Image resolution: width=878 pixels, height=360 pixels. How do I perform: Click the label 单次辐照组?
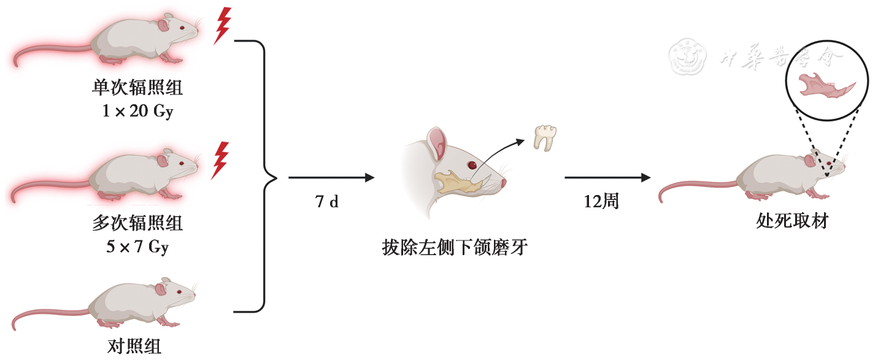[137, 88]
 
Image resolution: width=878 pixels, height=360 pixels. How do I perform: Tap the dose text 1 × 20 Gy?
[137, 112]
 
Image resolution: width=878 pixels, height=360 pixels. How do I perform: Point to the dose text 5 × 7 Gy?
[137, 247]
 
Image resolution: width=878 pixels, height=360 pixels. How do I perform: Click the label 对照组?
[134, 347]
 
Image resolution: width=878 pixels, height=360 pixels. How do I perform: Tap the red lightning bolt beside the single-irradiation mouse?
[222, 26]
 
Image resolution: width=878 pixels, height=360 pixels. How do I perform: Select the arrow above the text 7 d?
[331, 178]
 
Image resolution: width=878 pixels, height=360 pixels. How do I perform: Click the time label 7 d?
[327, 201]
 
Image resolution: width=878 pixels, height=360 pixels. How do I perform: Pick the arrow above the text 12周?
[607, 178]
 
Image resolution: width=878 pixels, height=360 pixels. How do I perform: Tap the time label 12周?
[601, 201]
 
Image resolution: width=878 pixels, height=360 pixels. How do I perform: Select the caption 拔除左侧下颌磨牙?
[454, 248]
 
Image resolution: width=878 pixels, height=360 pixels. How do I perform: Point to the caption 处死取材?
[792, 221]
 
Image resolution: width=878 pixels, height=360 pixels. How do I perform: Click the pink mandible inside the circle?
[825, 84]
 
